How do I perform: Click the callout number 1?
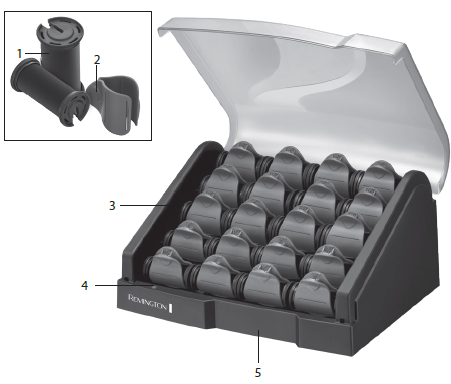click(19, 53)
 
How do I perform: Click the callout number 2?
click(97, 60)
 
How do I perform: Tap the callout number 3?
click(112, 205)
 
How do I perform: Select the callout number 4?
click(85, 285)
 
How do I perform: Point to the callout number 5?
click(258, 373)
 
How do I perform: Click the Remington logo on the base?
click(147, 302)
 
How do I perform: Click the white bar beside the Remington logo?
click(171, 308)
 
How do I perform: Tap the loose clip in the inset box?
click(113, 104)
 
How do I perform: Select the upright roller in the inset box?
click(60, 50)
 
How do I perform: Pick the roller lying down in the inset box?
click(47, 92)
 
